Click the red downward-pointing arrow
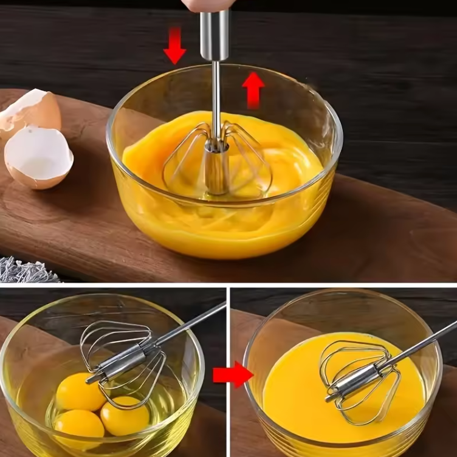[x=174, y=46]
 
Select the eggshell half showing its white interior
[x=38, y=157]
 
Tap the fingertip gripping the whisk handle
[x=207, y=5]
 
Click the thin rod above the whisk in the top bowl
[x=216, y=97]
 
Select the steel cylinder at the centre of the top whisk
[x=216, y=167]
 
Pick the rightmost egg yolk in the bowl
[x=125, y=415]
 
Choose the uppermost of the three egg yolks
[x=81, y=392]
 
